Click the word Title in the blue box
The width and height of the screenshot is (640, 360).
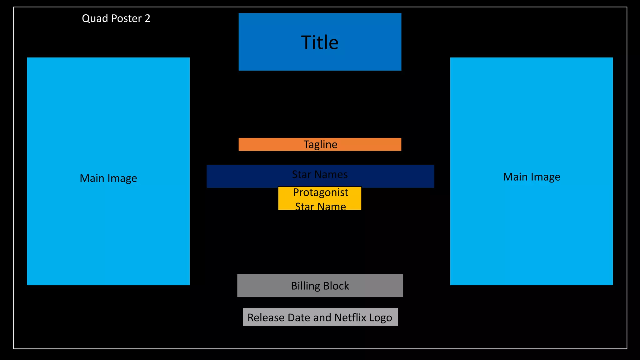pyautogui.click(x=320, y=42)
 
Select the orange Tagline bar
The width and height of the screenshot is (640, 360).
pyautogui.click(x=320, y=144)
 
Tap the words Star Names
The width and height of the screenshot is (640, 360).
pyautogui.click(x=320, y=174)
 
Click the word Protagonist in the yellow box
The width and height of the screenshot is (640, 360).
pyautogui.click(x=320, y=192)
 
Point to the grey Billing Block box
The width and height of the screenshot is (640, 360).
pyautogui.click(x=320, y=286)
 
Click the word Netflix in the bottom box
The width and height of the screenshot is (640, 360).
pyautogui.click(x=350, y=317)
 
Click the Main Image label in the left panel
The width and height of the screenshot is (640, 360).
pyautogui.click(x=108, y=178)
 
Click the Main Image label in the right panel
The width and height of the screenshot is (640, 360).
pyautogui.click(x=531, y=177)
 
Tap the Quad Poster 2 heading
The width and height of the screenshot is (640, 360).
pyautogui.click(x=116, y=18)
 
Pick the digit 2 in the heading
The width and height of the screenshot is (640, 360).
pyautogui.click(x=147, y=18)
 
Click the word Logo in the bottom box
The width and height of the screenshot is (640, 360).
pyautogui.click(x=380, y=317)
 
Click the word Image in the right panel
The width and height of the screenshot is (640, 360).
pyautogui.click(x=545, y=177)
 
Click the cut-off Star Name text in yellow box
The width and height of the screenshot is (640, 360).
pyautogui.click(x=320, y=206)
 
